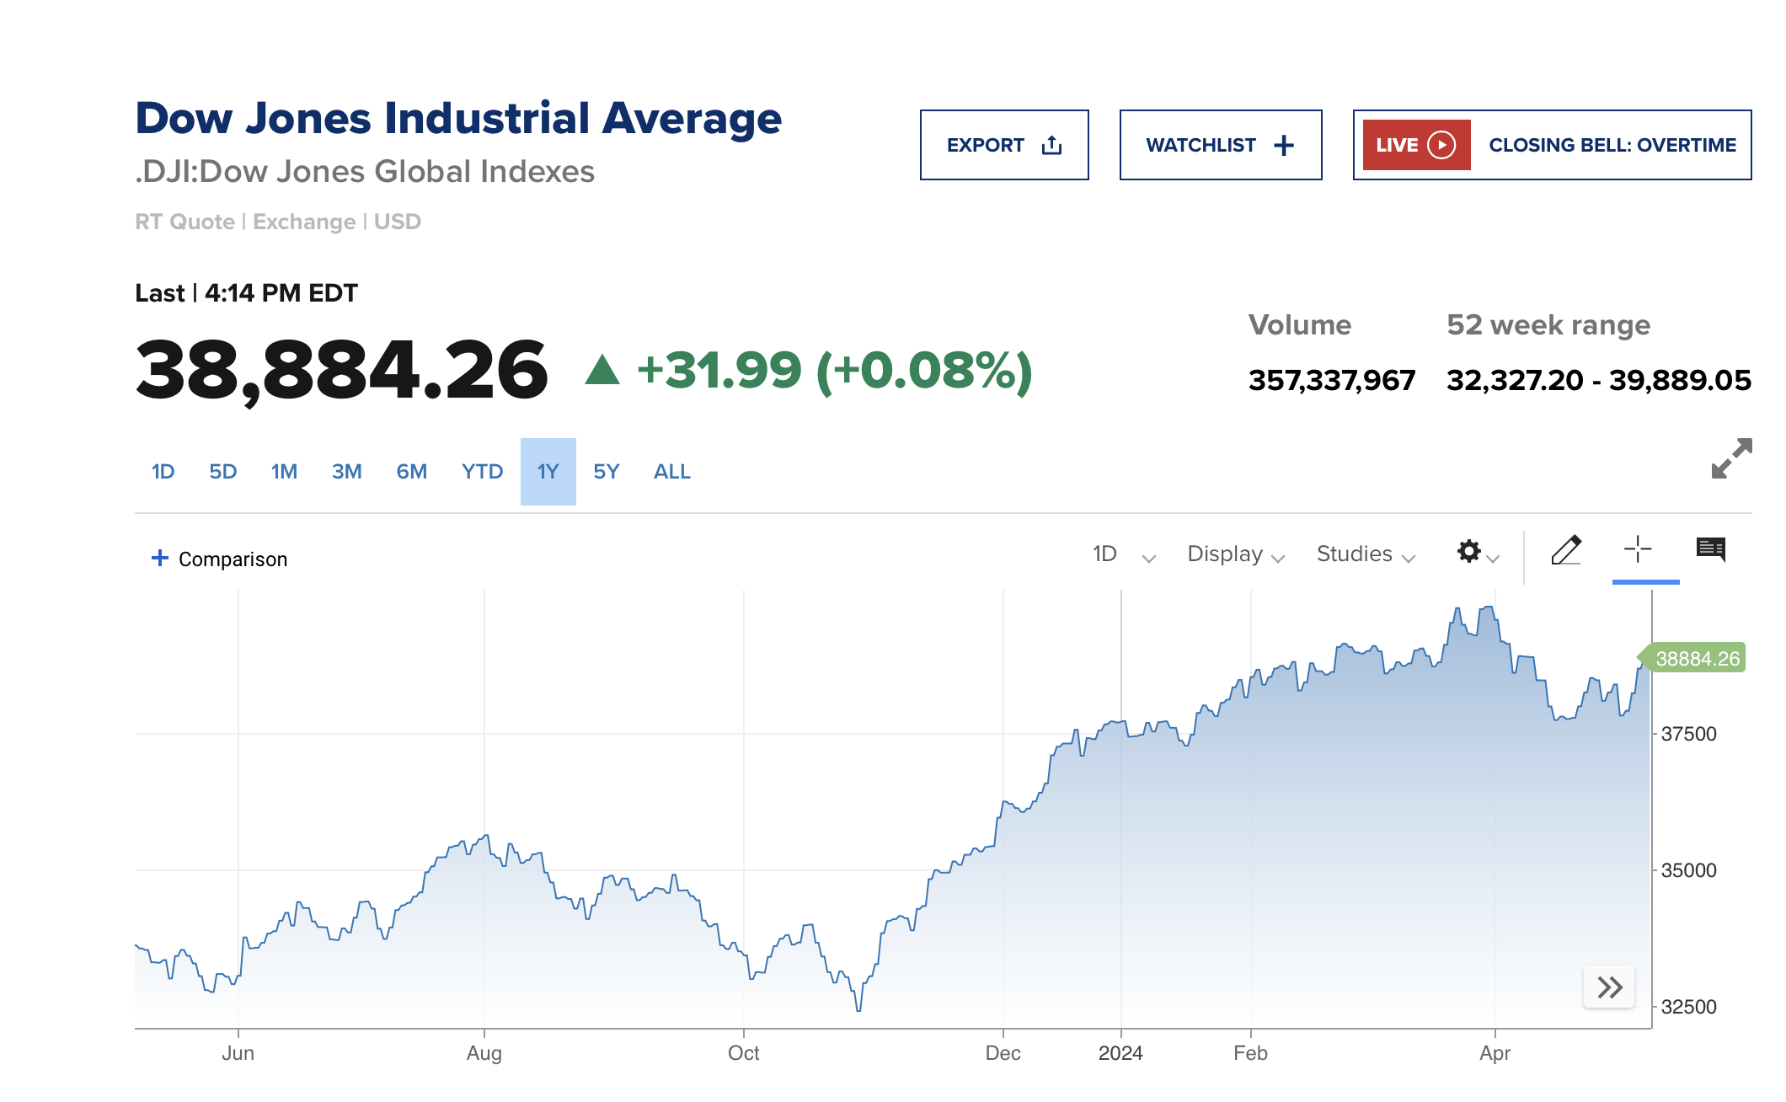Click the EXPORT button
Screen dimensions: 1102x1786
1003,145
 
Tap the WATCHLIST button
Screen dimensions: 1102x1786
1220,145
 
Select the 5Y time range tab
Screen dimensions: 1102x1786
606,472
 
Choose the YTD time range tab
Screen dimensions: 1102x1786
482,472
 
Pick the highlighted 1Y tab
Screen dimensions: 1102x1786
548,472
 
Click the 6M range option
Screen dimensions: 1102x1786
411,472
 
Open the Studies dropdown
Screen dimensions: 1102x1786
1365,554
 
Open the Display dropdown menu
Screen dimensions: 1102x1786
1235,554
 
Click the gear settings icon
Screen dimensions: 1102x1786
1469,552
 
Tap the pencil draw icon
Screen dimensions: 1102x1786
1566,550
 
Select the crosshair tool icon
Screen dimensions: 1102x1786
1638,549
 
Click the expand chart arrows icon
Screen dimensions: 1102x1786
1731,458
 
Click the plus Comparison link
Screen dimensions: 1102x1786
219,559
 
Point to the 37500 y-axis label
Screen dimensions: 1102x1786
1687,734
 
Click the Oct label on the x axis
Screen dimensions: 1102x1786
743,1053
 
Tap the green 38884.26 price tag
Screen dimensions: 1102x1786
1695,658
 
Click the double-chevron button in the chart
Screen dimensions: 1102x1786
1609,987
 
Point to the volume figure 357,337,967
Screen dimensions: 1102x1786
1331,380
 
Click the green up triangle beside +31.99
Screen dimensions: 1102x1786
602,371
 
